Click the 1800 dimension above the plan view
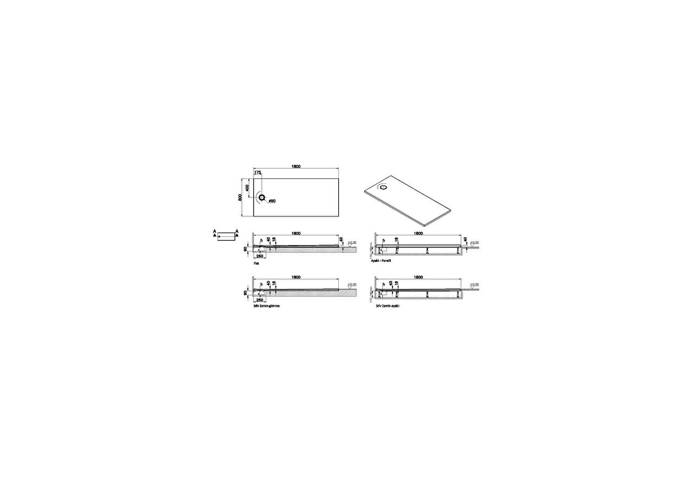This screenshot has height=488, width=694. (295, 166)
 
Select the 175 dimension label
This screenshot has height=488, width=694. (258, 172)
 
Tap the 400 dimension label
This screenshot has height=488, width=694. (248, 187)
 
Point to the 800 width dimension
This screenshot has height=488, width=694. (239, 197)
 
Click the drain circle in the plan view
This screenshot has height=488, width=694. (262, 198)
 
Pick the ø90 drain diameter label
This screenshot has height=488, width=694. (272, 201)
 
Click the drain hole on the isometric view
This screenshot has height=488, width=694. (384, 188)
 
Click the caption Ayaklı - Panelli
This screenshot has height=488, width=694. (381, 261)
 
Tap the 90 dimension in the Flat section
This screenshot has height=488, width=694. (246, 249)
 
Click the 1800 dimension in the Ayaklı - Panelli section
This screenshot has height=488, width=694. (418, 233)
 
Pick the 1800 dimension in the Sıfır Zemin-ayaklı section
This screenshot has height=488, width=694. (418, 277)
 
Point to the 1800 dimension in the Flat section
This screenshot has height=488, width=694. (295, 233)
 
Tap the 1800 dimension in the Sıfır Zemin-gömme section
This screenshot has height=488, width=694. (295, 277)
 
